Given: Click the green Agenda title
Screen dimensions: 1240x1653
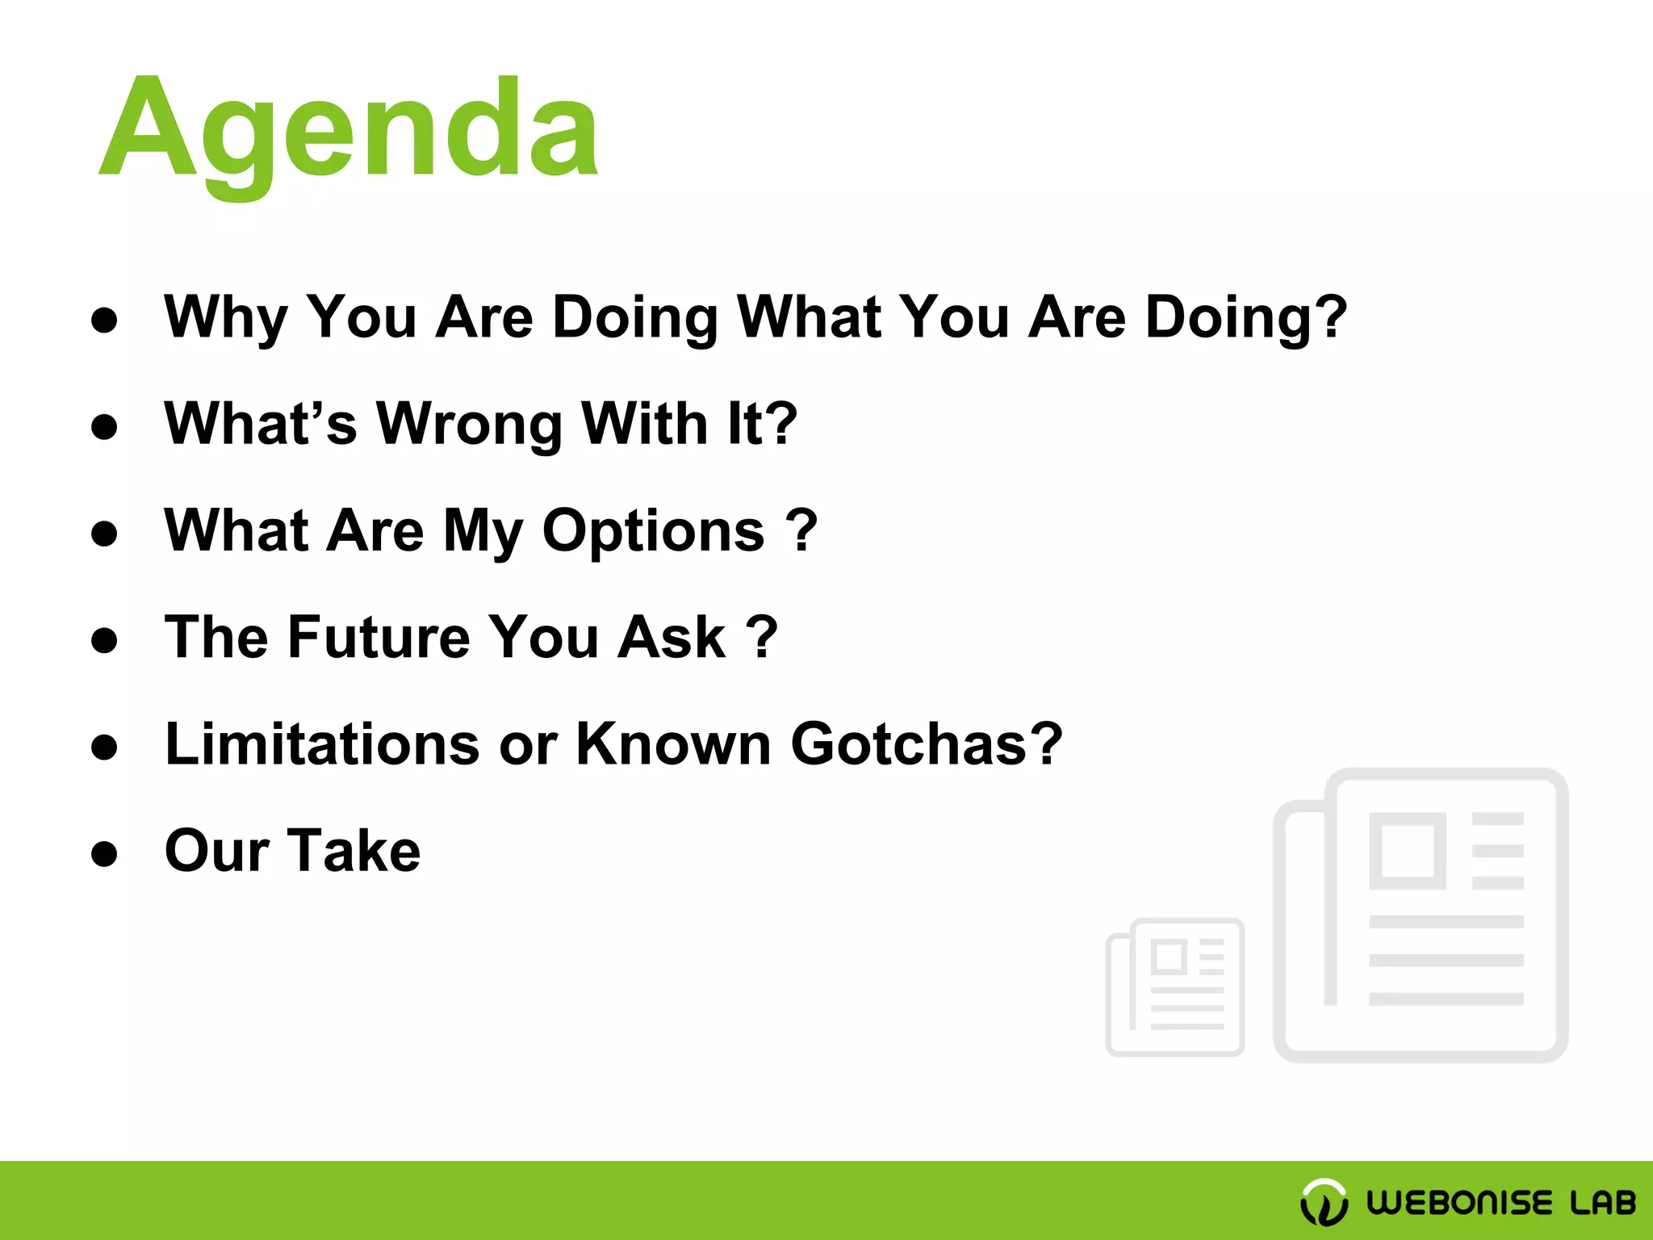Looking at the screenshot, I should (x=349, y=129).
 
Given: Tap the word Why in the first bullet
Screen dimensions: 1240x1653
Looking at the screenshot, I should (x=225, y=317).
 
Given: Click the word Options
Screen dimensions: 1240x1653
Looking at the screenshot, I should (x=653, y=531).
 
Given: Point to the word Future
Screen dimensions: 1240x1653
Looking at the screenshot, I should (x=379, y=638).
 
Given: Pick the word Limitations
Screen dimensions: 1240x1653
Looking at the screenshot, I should (x=322, y=744).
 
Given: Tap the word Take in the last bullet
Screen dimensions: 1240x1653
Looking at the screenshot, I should (x=354, y=851).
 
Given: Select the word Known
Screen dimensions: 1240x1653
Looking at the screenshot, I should (x=673, y=744).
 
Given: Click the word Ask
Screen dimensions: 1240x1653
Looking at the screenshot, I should (x=672, y=638).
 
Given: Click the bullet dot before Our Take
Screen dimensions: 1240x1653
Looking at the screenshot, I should (x=104, y=854).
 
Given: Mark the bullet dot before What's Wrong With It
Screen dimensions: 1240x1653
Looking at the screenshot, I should (x=104, y=427).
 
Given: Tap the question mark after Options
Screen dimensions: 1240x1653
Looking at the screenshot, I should (x=801, y=531).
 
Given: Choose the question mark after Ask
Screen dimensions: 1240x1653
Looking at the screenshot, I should (x=761, y=638).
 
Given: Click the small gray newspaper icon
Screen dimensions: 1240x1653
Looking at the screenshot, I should (x=1175, y=987).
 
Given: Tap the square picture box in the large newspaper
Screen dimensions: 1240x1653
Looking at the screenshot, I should (x=1407, y=851).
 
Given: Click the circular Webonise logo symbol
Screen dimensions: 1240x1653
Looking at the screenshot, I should (x=1324, y=1202).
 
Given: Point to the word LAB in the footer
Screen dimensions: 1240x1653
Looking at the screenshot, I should (x=1602, y=1202).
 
